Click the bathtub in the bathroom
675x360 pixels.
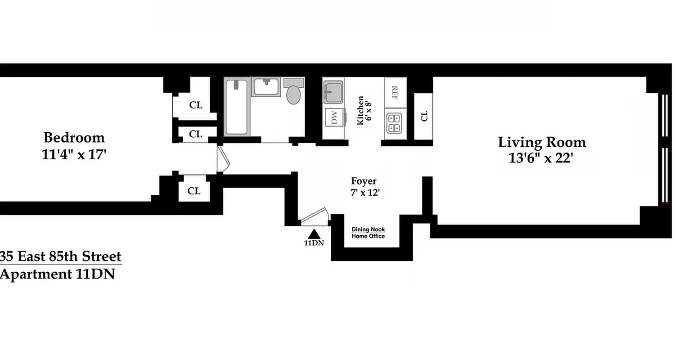tap(237, 107)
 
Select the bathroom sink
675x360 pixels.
tap(266, 86)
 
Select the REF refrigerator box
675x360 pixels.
tap(395, 92)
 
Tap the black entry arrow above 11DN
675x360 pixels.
tap(314, 234)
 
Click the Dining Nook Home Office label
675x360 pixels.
tap(368, 233)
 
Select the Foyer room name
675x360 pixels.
tap(364, 181)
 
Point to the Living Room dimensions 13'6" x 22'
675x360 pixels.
tap(541, 158)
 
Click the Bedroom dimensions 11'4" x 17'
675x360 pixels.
tap(74, 154)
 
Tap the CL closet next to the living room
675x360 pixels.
tap(423, 116)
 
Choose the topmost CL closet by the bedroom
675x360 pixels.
tap(196, 105)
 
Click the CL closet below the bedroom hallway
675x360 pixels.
tap(194, 191)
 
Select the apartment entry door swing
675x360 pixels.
tap(314, 216)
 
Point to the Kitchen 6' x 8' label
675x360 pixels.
tap(360, 111)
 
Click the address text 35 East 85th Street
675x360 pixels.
tap(61, 256)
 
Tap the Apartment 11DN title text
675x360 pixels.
tap(57, 274)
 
